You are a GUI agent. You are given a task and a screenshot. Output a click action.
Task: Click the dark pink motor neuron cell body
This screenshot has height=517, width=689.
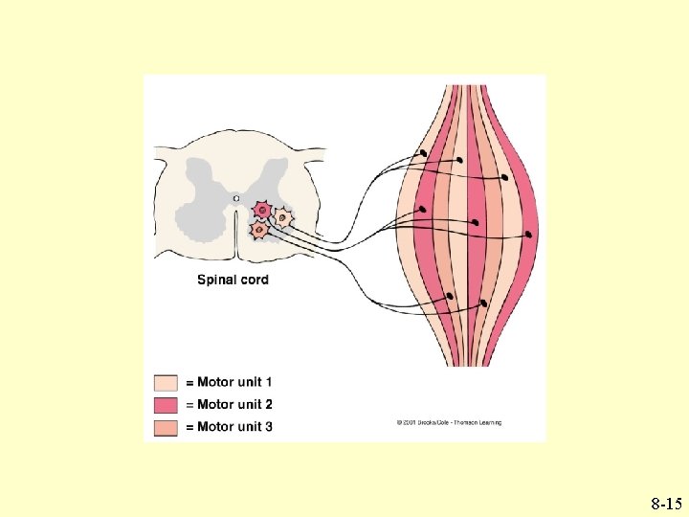tap(261, 210)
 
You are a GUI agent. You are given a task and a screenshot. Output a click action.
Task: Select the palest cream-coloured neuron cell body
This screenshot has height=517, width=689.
tap(283, 218)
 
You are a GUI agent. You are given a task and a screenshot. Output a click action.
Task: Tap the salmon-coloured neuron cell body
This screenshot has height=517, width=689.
tap(257, 230)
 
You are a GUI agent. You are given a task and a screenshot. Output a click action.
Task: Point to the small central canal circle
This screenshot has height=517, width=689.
tap(235, 197)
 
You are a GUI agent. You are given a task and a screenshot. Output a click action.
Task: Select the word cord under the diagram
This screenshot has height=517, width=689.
tap(253, 281)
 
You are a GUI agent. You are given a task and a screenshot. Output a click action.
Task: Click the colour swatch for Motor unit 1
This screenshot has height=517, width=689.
tap(166, 383)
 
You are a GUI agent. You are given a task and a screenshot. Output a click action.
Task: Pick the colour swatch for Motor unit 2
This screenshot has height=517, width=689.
tap(166, 405)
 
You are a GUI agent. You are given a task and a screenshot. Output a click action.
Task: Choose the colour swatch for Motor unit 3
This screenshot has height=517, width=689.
tap(166, 426)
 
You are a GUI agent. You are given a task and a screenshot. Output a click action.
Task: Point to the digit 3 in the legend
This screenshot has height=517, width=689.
tap(269, 426)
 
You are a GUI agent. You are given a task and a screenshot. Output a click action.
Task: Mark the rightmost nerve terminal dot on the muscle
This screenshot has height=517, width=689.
tap(529, 234)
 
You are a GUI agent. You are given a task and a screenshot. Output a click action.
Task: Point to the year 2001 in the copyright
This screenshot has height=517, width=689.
tap(408, 422)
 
